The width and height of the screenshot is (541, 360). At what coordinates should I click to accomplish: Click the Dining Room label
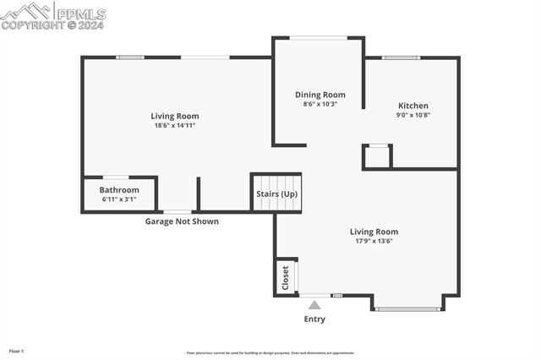(320, 95)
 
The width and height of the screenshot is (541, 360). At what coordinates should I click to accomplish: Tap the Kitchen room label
(413, 106)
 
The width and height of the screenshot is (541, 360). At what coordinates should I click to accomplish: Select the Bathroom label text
(118, 189)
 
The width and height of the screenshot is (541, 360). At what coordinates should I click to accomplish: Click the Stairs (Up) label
(276, 194)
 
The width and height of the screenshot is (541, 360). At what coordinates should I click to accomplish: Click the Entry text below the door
(314, 319)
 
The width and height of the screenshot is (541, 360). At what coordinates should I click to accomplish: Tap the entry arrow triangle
(314, 305)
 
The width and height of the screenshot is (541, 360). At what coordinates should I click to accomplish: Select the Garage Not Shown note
(182, 221)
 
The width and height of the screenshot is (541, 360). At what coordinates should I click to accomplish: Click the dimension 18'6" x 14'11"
(175, 125)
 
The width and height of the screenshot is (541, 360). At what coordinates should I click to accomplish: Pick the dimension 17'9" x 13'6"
(374, 241)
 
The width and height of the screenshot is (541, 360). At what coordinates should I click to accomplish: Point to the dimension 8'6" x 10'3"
(320, 104)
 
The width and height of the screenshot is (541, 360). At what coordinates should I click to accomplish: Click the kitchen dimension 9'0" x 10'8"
(413, 115)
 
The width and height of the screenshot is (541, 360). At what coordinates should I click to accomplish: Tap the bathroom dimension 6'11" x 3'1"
(118, 199)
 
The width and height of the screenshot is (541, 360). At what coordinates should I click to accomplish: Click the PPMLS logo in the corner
(52, 15)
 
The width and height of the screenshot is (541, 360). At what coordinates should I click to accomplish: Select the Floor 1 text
(17, 351)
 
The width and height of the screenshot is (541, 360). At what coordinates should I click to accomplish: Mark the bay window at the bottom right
(407, 308)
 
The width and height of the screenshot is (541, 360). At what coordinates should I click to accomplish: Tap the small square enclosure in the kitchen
(376, 156)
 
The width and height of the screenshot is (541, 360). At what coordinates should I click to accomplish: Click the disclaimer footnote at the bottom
(270, 353)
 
